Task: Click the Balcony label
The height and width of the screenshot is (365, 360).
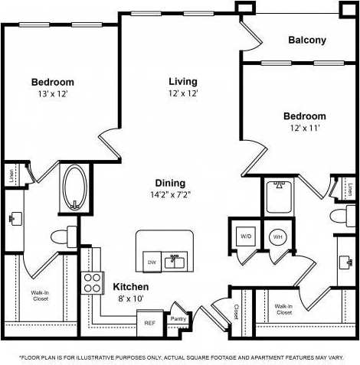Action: pyautogui.click(x=307, y=41)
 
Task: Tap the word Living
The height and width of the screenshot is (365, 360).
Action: pyautogui.click(x=183, y=81)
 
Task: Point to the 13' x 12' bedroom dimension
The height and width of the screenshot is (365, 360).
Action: pyautogui.click(x=52, y=94)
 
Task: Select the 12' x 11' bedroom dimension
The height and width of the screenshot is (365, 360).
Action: pyautogui.click(x=304, y=128)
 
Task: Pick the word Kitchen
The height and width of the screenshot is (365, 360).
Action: pyautogui.click(x=130, y=287)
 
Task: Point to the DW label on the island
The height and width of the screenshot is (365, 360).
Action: pyautogui.click(x=152, y=262)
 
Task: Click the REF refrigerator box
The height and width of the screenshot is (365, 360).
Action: pyautogui.click(x=150, y=323)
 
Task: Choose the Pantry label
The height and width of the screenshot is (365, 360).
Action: pyautogui.click(x=178, y=318)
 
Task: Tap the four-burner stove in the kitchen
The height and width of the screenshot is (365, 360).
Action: pyautogui.click(x=93, y=282)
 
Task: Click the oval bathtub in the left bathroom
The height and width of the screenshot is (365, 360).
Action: pyautogui.click(x=74, y=187)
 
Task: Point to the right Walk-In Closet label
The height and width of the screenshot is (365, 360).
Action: pyautogui.click(x=283, y=309)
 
